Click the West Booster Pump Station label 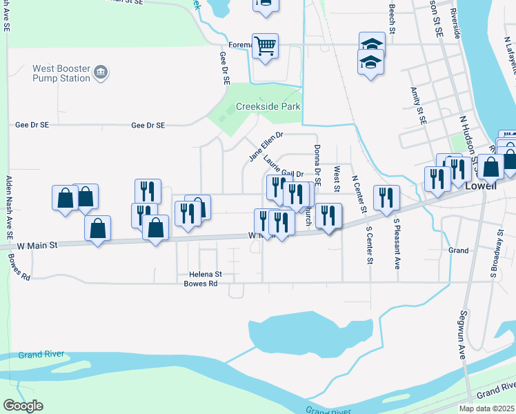(61, 74)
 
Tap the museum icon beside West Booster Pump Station (101, 72)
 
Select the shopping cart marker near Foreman (265, 46)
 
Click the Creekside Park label (268, 107)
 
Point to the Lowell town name (482, 186)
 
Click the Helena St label (204, 274)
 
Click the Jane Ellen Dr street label (266, 147)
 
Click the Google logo (23, 406)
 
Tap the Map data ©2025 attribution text (486, 408)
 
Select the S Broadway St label (495, 255)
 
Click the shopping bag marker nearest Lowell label (491, 167)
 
